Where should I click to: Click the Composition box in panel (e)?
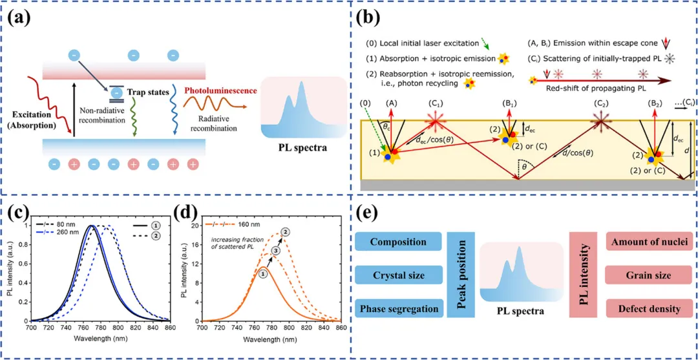[398, 242]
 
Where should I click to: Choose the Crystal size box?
[398, 276]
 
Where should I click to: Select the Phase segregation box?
[398, 308]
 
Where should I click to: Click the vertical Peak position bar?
[461, 275]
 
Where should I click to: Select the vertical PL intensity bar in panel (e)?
[582, 275]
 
